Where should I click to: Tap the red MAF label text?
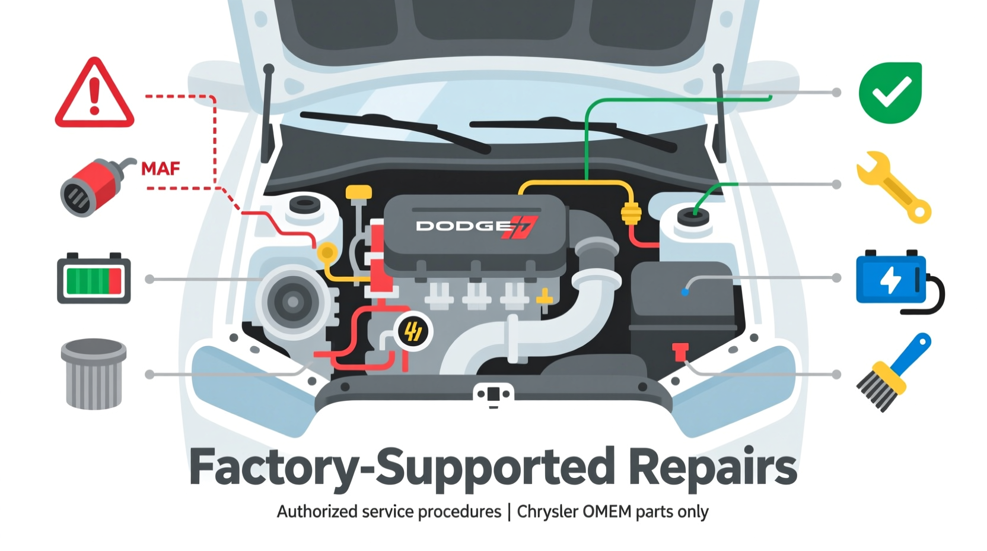tap(160, 169)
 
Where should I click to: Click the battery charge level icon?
tap(94, 278)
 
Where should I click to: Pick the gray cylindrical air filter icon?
tap(93, 374)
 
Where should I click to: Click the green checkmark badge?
tap(890, 93)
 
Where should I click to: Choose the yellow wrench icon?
tap(893, 187)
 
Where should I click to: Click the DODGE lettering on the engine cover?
tap(463, 226)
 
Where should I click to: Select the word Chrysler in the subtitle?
tap(547, 512)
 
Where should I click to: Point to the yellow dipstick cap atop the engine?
tap(359, 193)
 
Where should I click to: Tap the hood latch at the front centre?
tap(493, 394)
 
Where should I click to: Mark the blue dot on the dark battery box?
tap(684, 292)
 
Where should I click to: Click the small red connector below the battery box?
tap(680, 351)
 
